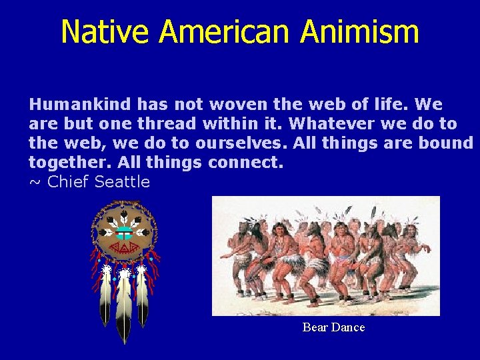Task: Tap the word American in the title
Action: [226, 32]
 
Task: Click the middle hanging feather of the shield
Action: [124, 307]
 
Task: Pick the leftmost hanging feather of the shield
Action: [105, 297]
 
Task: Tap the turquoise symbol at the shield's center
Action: [124, 233]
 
